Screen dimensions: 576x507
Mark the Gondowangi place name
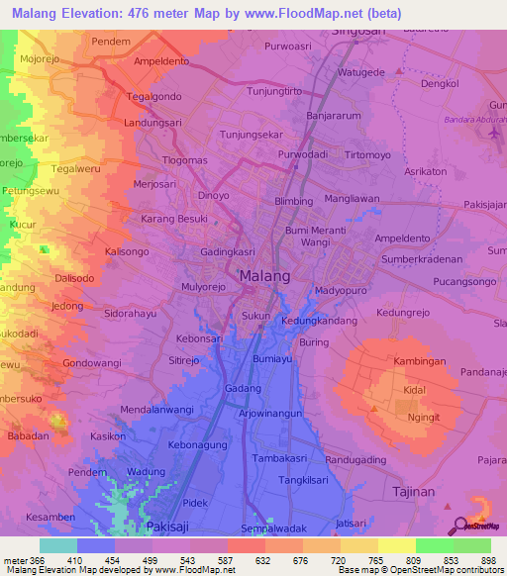click(92, 363)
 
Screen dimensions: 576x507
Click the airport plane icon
click(495, 134)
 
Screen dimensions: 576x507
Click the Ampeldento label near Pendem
click(161, 59)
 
